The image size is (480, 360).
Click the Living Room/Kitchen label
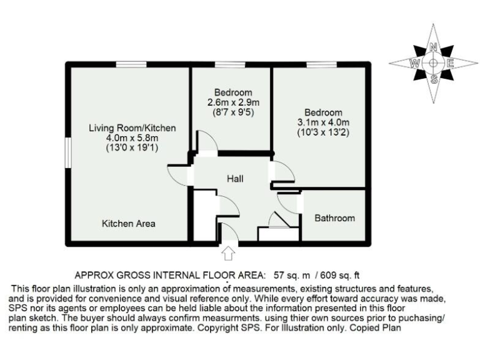coord(132,128)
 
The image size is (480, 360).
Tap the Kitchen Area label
coord(129,223)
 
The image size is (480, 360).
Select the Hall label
coord(235,179)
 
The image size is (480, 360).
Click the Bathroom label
coord(334,218)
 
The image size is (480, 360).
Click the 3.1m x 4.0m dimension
coord(323,122)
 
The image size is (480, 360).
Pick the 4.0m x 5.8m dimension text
coord(132,138)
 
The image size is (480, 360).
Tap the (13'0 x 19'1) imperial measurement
coord(132,148)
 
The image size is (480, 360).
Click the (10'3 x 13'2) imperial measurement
coord(323,132)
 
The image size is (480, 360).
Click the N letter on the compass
coord(433,47)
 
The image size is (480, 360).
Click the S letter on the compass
coord(433,79)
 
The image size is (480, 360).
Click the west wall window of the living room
coord(68,151)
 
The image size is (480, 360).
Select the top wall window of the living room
coord(131,64)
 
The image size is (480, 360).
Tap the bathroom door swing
coord(289,201)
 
